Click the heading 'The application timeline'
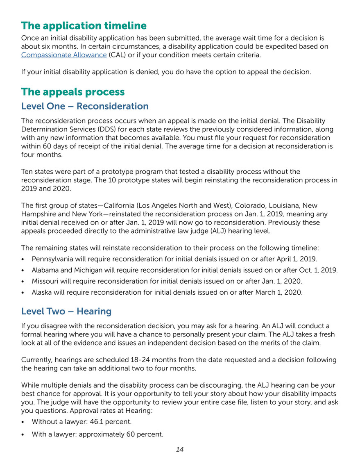tap(84, 26)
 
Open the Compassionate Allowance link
tap(63, 55)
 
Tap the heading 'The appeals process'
tap(73, 91)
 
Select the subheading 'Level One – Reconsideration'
tap(85, 106)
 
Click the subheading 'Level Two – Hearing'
tap(66, 311)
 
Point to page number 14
tap(179, 450)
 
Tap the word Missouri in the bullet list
tap(45, 282)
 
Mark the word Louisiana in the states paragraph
tap(274, 205)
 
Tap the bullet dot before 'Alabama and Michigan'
tap(24, 271)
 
